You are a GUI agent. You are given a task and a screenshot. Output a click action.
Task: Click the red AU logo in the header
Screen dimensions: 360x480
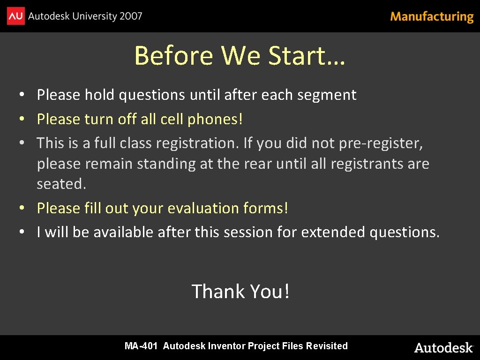[x=15, y=16]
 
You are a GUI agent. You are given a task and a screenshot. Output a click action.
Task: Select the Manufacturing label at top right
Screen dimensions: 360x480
[x=432, y=17]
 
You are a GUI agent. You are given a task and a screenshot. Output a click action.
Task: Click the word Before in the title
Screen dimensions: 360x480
[x=173, y=56]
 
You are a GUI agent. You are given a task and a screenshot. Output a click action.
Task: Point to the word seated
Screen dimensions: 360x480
[x=61, y=184]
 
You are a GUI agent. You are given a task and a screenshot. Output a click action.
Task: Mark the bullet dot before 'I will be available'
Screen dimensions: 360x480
[x=22, y=232]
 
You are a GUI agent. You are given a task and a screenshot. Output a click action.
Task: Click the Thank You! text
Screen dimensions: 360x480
[x=240, y=292]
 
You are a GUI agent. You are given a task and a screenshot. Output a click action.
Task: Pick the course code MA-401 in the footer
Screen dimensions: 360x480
[x=141, y=346]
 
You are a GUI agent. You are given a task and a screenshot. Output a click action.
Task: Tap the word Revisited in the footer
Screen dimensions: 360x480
[x=327, y=346]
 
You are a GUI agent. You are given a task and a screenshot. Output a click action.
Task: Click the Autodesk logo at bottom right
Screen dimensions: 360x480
[x=443, y=347]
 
